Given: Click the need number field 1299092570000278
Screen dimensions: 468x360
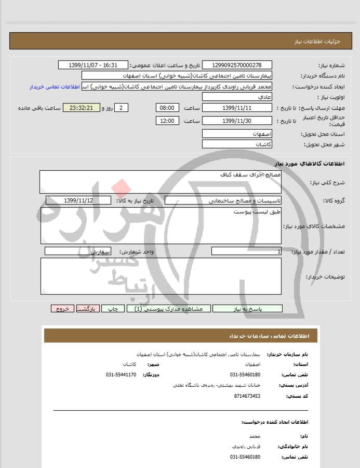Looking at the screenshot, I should point(236,65).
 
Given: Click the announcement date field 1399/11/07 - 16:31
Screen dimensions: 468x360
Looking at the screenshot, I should point(94,65).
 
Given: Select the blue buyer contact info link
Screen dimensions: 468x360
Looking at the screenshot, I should point(57,86).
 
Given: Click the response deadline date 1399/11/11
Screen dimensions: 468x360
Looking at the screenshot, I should point(236,108).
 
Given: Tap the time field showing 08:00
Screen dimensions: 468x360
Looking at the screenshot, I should point(167,108).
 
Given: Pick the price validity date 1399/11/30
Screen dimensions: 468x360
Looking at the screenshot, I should point(236,121).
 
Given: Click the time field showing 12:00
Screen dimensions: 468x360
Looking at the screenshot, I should point(167,121).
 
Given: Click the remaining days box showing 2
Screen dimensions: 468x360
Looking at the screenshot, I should point(121,108).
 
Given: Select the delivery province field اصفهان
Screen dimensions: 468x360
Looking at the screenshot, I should point(236,134).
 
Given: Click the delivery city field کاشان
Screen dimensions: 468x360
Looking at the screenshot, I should point(236,144).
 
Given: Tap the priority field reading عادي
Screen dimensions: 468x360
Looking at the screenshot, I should point(236,97).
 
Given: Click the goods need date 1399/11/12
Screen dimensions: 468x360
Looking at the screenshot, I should point(78,200).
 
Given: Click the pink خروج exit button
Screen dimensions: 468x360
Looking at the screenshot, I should point(62,309).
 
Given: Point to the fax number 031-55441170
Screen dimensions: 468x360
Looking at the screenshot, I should point(121,375).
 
